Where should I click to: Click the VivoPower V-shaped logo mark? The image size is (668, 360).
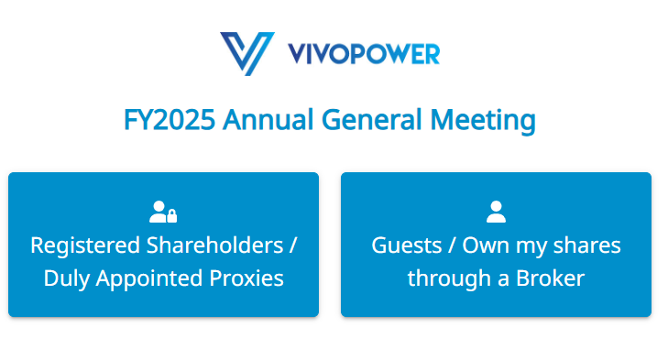pos(246,52)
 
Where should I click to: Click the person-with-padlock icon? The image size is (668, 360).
pos(162,213)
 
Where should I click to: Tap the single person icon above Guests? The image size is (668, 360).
pos(496,213)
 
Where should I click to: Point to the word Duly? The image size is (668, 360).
pos(66,278)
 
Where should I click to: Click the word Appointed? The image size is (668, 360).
pos(151,278)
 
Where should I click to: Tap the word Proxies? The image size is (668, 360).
pos(249,278)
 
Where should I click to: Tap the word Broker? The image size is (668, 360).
pos(553,278)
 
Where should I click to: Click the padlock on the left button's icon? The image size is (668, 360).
pos(170,216)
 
